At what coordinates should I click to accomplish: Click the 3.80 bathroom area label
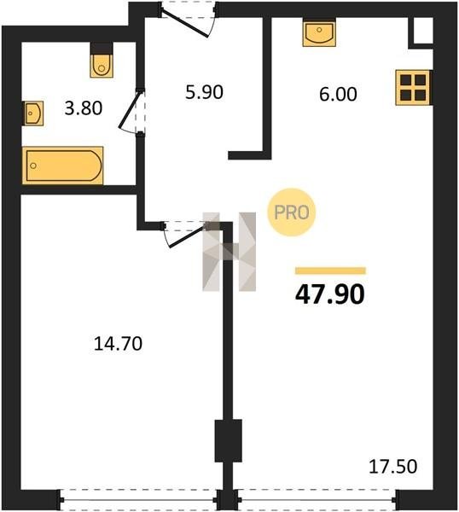tap(84, 108)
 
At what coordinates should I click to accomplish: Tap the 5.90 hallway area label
tap(205, 92)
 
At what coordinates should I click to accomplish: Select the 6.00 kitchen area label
tap(338, 95)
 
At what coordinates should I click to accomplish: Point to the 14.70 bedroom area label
tap(118, 344)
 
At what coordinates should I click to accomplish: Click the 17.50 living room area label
tap(392, 466)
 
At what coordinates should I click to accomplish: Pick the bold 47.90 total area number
tap(329, 294)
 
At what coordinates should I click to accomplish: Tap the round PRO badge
tap(292, 212)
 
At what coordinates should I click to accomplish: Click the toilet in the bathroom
tap(102, 61)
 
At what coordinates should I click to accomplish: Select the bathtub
tap(62, 166)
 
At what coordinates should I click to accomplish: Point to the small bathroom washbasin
tap(33, 113)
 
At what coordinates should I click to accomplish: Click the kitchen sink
tap(319, 32)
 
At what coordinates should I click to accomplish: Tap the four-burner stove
tap(414, 88)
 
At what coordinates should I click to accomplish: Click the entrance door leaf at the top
tap(185, 24)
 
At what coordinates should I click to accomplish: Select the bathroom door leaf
tap(131, 109)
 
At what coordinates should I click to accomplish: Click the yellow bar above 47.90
tap(330, 271)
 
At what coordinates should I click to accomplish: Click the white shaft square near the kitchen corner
tap(423, 30)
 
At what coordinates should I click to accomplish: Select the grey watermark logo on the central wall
tap(229, 252)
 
